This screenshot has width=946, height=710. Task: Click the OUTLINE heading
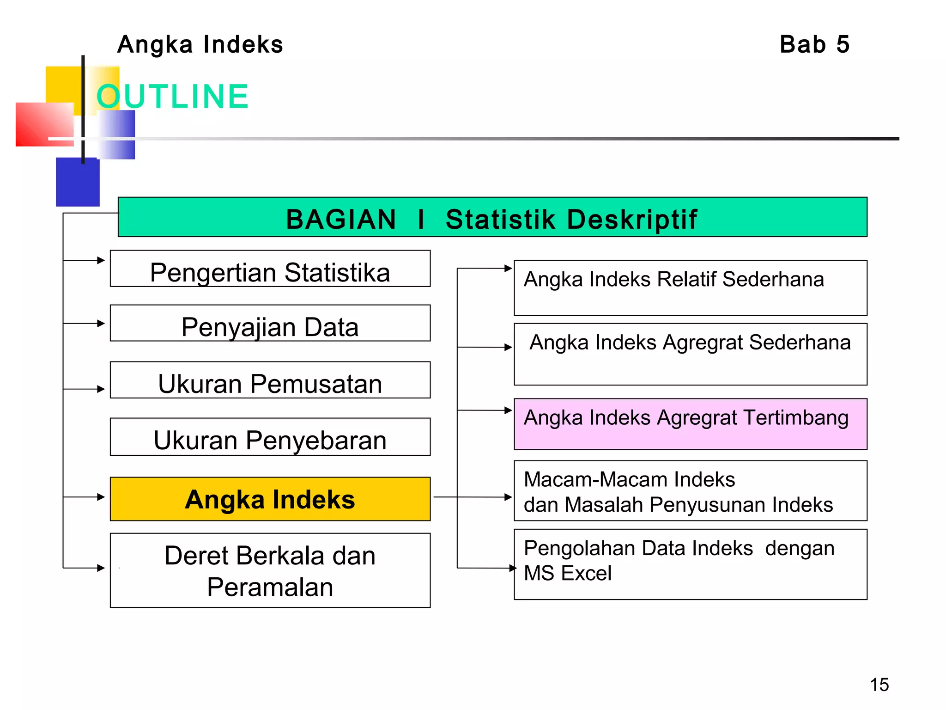click(172, 97)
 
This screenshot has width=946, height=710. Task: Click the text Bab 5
click(814, 45)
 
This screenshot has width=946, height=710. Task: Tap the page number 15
click(879, 685)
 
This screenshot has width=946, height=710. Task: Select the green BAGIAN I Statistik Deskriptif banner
click(492, 218)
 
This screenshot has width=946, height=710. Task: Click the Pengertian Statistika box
click(270, 269)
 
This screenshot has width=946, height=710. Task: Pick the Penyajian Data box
click(270, 324)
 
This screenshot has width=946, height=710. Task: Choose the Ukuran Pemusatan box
click(270, 380)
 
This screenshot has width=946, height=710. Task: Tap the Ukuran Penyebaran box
click(270, 437)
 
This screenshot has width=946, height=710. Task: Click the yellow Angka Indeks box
click(270, 499)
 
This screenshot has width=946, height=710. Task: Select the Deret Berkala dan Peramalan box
click(270, 571)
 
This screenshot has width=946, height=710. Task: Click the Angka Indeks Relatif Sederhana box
click(691, 288)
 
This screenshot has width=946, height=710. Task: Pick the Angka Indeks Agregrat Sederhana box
click(691, 354)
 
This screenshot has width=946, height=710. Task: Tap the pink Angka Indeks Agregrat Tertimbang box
click(691, 424)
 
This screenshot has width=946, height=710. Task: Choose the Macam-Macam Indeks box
click(691, 491)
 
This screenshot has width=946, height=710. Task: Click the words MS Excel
click(568, 574)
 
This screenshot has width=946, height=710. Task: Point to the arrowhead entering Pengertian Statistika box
click(102, 260)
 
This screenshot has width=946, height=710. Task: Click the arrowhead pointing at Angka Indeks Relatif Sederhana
click(508, 268)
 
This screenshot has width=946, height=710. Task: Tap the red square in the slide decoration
click(44, 124)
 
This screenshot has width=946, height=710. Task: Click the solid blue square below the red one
click(78, 183)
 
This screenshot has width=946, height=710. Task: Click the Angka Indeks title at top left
click(200, 45)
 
